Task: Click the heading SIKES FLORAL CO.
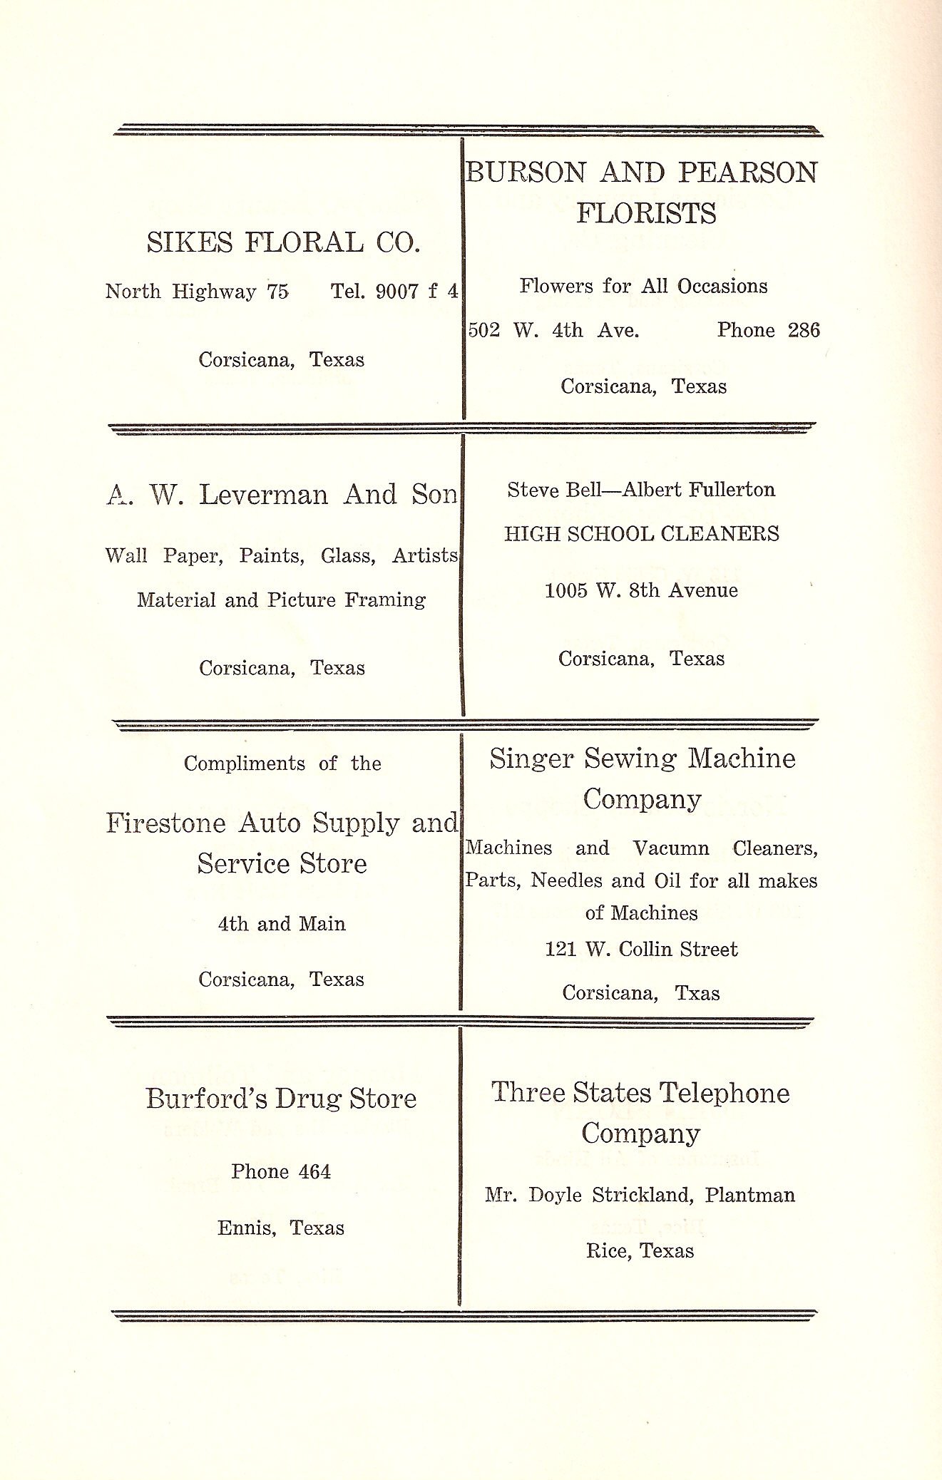click(283, 242)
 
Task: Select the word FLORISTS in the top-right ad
click(646, 213)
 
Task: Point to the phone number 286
click(804, 330)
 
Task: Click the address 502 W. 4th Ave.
click(553, 330)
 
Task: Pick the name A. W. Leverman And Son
click(282, 495)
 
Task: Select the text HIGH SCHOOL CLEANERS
click(642, 534)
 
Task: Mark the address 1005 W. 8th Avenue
click(641, 590)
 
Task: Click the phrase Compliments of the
click(282, 764)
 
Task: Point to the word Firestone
click(166, 823)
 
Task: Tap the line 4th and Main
click(282, 924)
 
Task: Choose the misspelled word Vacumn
click(670, 848)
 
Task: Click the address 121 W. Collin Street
click(641, 950)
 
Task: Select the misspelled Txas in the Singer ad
click(697, 993)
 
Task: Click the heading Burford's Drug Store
click(281, 1099)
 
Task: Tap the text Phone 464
click(281, 1172)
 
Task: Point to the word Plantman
click(749, 1196)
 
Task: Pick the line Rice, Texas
click(640, 1251)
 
